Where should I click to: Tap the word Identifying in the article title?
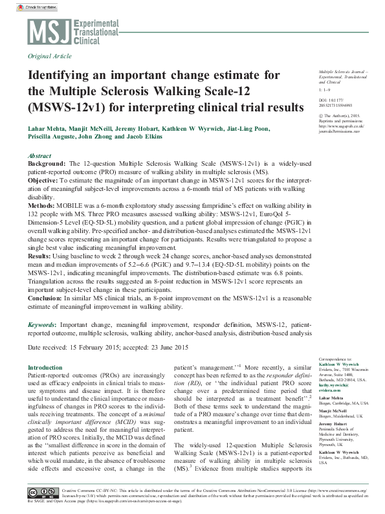(65, 75)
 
